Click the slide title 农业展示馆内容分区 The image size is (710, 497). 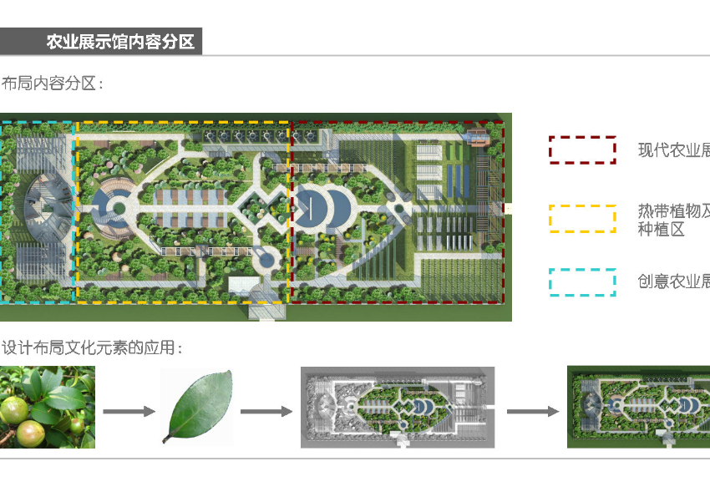119,42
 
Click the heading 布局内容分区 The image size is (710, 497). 52,84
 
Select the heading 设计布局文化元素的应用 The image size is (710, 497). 92,347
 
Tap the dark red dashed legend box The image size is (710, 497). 582,150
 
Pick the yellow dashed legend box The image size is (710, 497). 582,217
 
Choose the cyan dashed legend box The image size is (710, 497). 582,282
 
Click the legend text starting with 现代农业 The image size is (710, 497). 673,150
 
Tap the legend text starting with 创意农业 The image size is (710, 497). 673,281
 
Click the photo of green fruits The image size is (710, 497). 47,407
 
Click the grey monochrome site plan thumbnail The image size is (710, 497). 398,407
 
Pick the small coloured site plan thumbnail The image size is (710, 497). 638,407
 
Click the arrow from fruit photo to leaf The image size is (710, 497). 129,411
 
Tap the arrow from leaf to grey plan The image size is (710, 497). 266,411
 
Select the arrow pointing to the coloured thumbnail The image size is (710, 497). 532,411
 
